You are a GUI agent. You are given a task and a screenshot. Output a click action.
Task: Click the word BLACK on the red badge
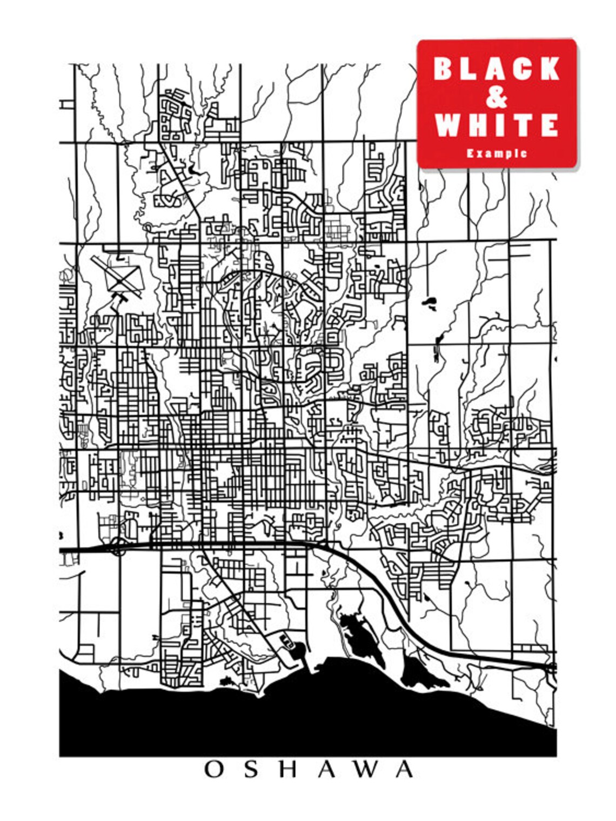tap(497, 69)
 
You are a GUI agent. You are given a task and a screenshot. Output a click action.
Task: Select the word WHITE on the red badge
tap(497, 125)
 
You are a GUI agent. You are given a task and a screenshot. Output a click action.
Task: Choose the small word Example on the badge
tap(497, 153)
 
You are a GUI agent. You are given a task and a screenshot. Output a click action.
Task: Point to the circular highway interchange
tap(117, 547)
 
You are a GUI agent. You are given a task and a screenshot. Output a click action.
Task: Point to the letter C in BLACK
tap(522, 69)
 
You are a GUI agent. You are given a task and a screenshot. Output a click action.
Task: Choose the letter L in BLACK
tap(468, 69)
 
